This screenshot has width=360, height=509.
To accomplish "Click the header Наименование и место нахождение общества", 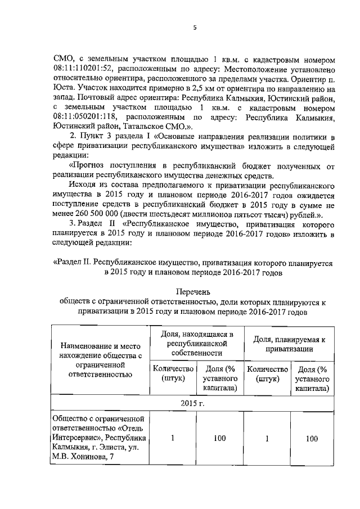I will (x=99, y=355).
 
